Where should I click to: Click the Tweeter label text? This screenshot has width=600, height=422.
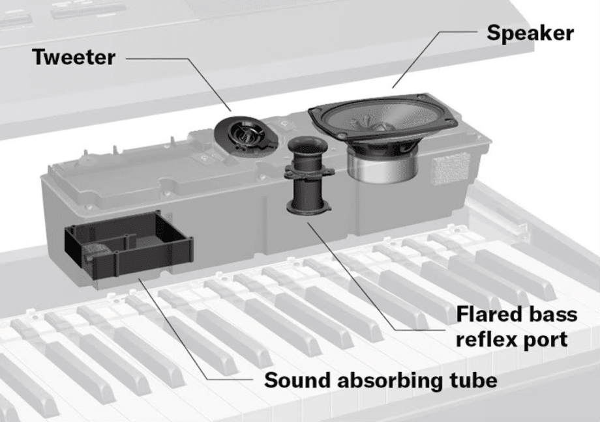pyautogui.click(x=73, y=57)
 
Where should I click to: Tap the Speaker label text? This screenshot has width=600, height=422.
pyautogui.click(x=530, y=33)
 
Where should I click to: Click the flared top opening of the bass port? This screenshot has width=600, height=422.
pyautogui.click(x=305, y=145)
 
